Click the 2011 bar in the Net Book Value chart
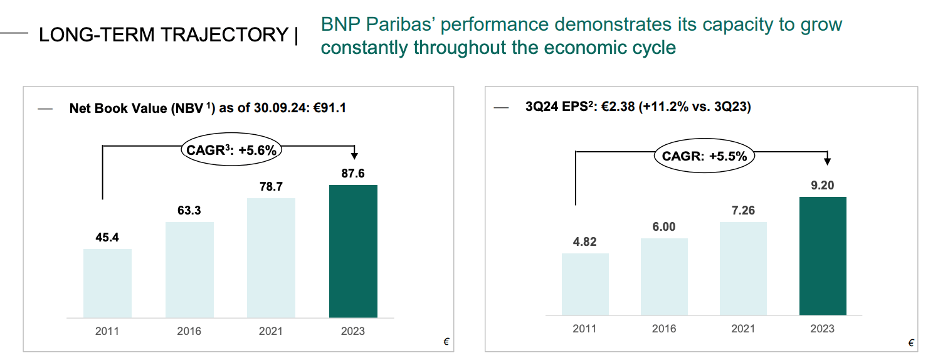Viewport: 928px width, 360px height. point(107,283)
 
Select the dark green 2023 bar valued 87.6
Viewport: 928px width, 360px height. point(353,251)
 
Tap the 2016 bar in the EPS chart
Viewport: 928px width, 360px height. point(664,277)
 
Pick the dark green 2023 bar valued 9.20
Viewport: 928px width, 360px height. point(823,256)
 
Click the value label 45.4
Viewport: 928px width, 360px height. point(107,238)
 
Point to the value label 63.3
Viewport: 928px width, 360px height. point(189,211)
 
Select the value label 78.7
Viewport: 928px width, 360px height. point(271,187)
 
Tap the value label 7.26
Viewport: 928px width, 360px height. point(743,211)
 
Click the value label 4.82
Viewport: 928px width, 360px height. point(584,242)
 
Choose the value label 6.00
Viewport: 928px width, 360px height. point(664,227)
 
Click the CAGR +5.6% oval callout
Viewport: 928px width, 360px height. point(231,150)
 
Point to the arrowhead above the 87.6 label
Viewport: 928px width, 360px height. point(354,156)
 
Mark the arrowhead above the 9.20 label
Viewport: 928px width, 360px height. point(827,161)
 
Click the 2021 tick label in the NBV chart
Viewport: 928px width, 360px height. point(271,331)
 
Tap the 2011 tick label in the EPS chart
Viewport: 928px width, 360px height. point(584,328)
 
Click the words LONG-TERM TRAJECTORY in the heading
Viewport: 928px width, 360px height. point(163,35)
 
